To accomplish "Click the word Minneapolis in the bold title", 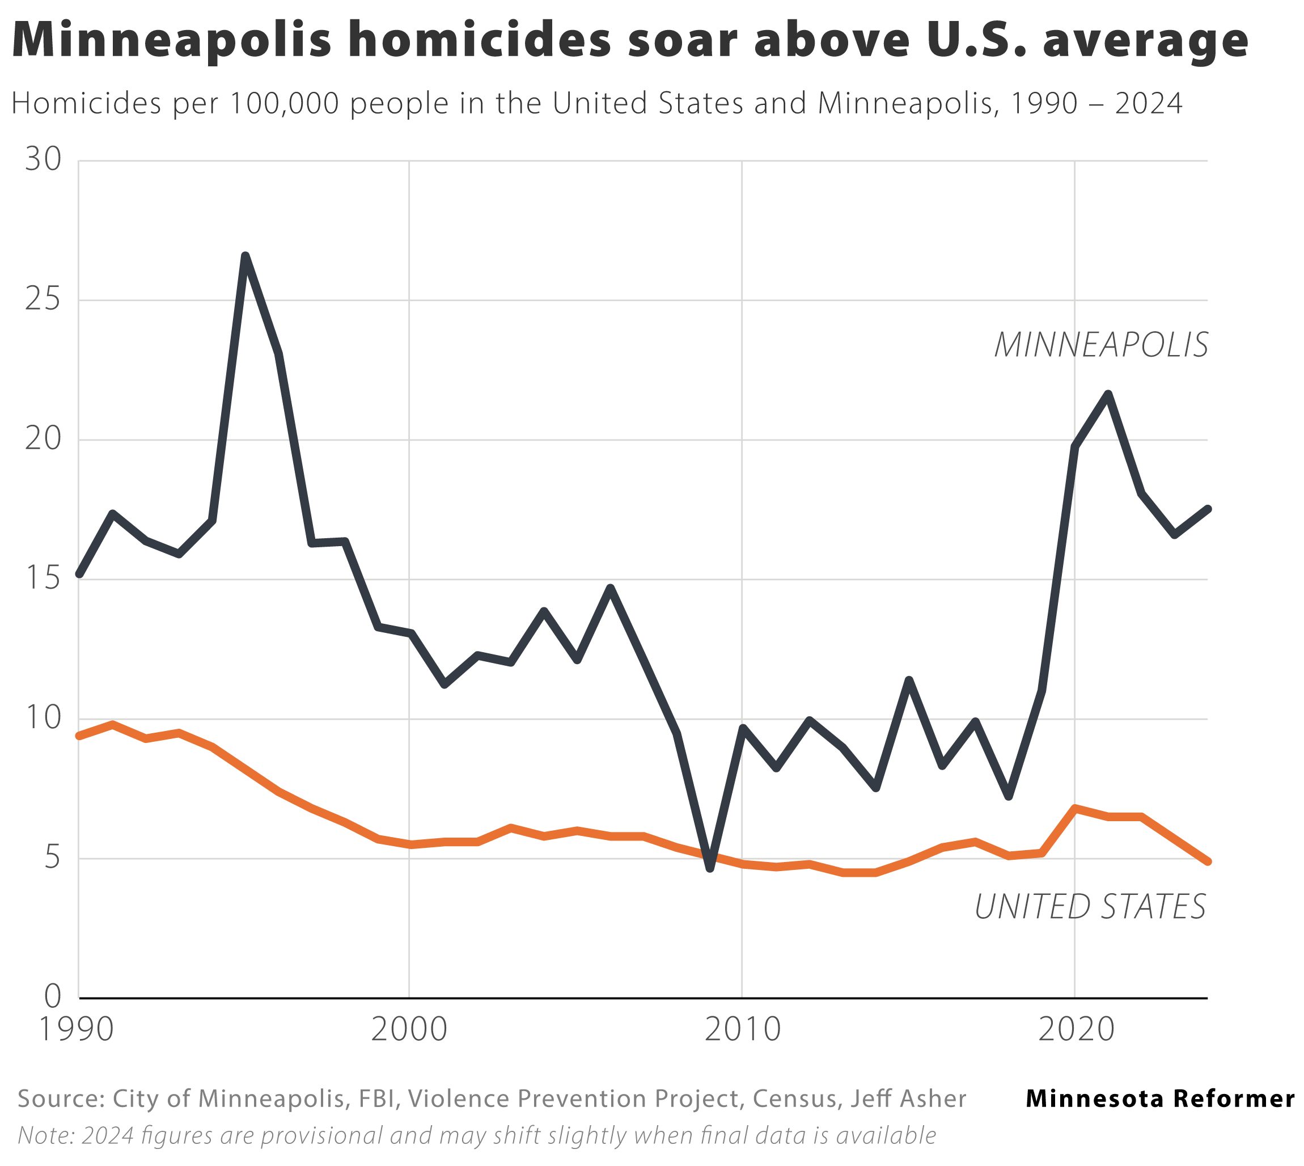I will tap(172, 40).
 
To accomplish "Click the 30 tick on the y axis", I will tap(43, 159).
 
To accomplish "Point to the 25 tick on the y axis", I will tap(43, 299).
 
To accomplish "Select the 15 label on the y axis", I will tap(43, 578).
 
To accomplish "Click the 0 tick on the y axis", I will tap(53, 997).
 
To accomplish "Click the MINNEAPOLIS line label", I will tap(1100, 345).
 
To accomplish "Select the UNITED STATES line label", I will tap(1090, 907).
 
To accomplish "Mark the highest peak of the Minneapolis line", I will tap(245, 256).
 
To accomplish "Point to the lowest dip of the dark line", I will tap(709, 868).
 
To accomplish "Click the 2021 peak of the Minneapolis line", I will tap(1108, 394).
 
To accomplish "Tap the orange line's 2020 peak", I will tap(1076, 809).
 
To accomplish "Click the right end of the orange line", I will tap(1207, 861).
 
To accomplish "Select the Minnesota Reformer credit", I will tap(1160, 1099).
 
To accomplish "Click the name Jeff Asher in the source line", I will tap(908, 1099).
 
